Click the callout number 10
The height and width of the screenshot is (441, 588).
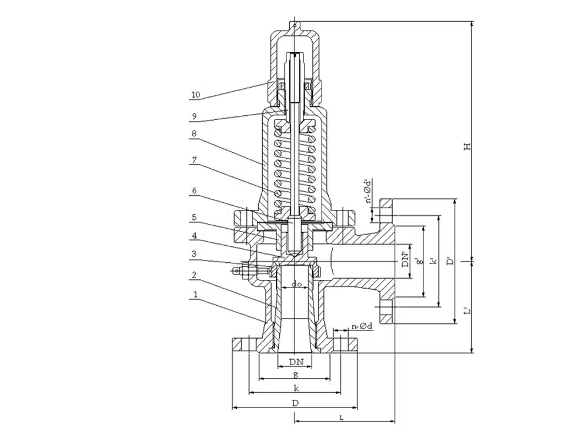click(x=195, y=94)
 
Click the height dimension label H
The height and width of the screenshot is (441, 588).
click(x=467, y=145)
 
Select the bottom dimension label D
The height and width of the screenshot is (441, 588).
click(x=296, y=403)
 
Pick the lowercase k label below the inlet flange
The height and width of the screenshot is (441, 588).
click(x=296, y=388)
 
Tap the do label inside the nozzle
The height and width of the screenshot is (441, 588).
click(x=297, y=285)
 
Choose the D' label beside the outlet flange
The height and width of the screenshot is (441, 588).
click(x=449, y=260)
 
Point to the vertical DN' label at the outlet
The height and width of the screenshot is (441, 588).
click(x=405, y=259)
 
